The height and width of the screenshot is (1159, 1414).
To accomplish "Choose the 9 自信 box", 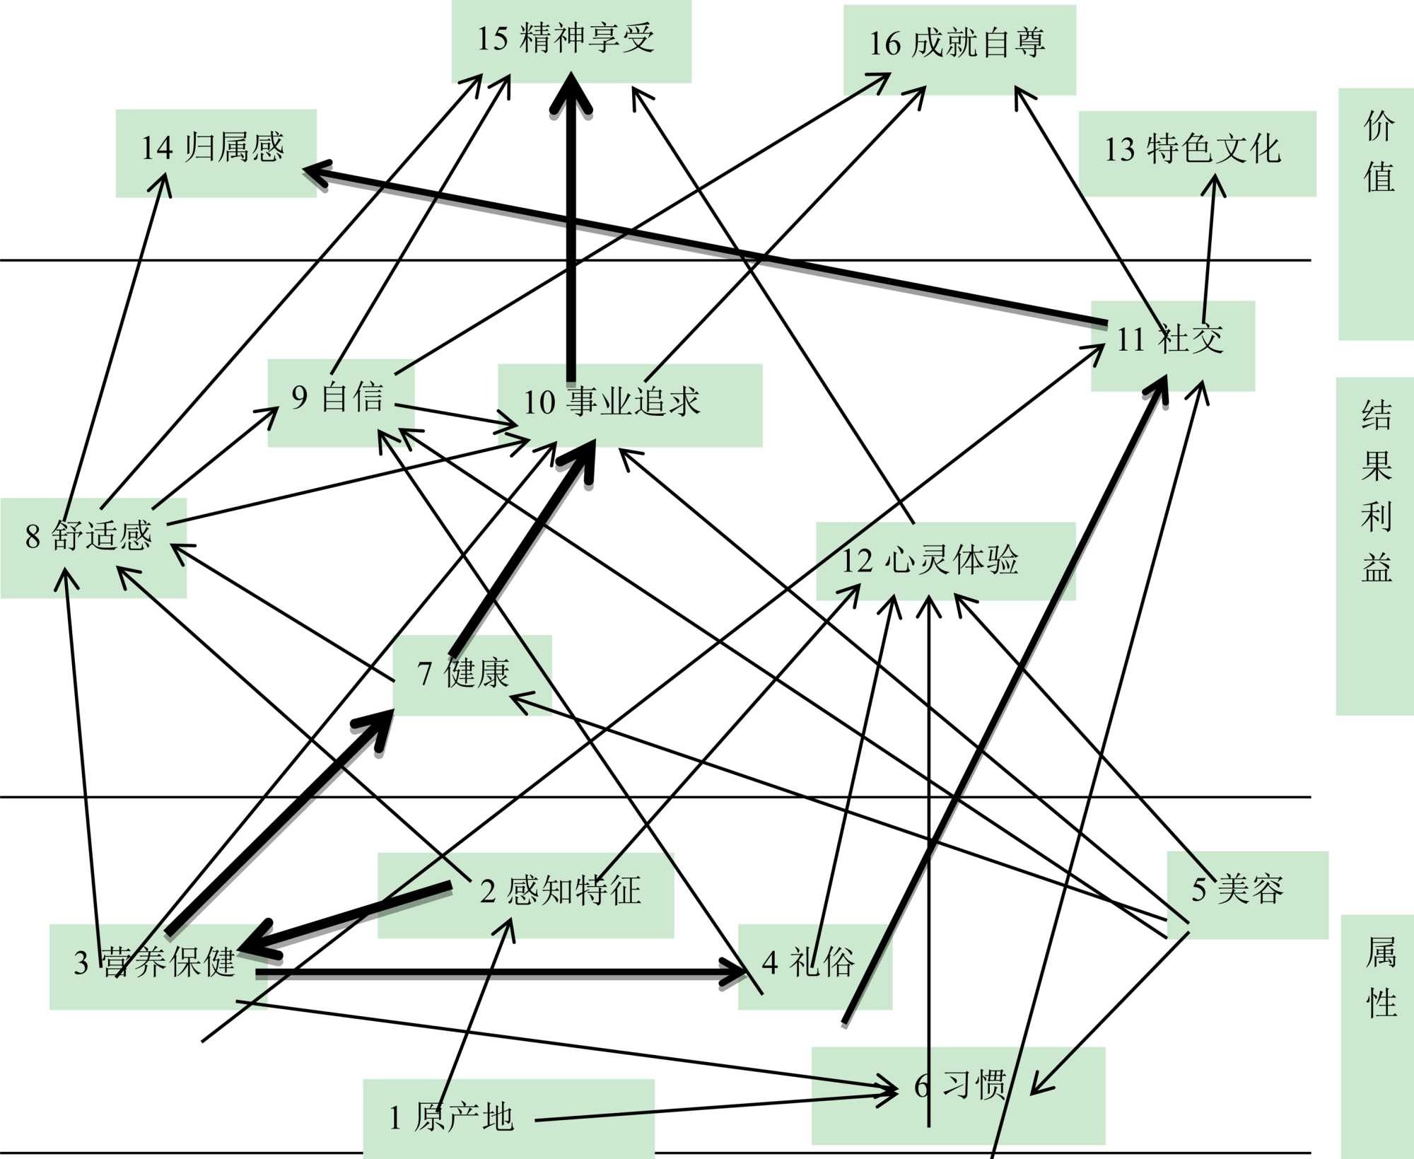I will click(x=340, y=400).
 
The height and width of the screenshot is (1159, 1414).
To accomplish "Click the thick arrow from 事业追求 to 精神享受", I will click(x=571, y=233).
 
